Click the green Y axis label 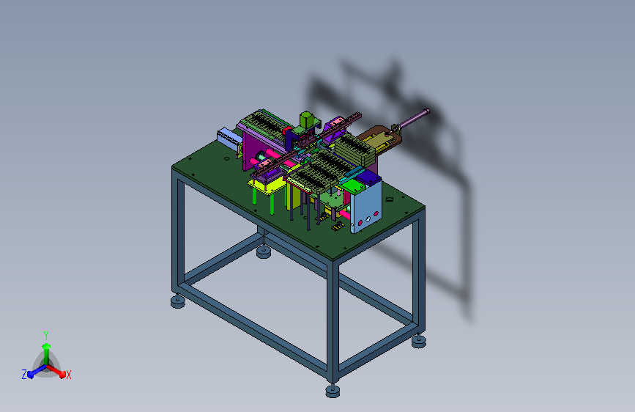[46, 335]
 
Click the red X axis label [69, 375]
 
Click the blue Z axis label [24, 375]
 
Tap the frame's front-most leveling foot [333, 391]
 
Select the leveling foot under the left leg [178, 301]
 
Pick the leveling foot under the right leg [419, 341]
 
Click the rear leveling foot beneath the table [264, 252]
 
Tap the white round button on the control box [368, 219]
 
